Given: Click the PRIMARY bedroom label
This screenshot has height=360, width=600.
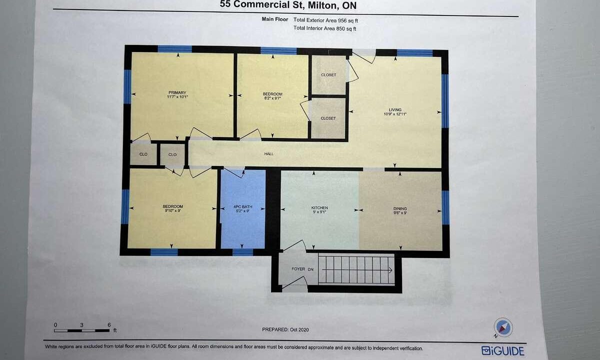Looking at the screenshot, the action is coord(177,92).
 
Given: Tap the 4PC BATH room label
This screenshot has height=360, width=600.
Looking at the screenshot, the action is coord(242,207).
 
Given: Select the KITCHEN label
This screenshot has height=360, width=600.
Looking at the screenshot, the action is coord(319,207).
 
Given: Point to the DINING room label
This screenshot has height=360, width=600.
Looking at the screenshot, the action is coord(400,208).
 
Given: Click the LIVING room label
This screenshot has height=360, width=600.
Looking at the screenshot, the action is coord(395,109).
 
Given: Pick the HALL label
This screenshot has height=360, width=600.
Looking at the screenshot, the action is coord(269,154).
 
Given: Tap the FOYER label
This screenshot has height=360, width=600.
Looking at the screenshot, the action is coord(298,269).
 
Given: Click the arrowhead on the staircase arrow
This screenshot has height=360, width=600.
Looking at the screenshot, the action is coord(390,270).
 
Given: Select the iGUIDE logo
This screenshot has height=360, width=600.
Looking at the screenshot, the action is coord(502,350).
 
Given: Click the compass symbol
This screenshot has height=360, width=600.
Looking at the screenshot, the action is coord(503,327).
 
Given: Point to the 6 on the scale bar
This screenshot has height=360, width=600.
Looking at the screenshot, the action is coord(109,325).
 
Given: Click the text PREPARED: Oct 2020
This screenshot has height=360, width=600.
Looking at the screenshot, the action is coord(285,329).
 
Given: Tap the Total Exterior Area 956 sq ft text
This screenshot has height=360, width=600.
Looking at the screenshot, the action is coord(325,20).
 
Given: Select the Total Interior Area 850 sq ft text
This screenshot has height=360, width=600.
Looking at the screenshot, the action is coord(325,28).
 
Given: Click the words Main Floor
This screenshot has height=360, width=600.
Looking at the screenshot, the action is coord(275,19).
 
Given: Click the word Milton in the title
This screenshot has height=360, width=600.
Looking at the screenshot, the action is coord(322,5).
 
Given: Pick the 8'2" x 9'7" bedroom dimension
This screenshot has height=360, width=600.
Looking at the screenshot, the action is coord(272,98).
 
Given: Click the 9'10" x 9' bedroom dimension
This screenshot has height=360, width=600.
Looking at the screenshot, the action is coord(173,210).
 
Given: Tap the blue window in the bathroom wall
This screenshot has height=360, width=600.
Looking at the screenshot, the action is coord(242,252).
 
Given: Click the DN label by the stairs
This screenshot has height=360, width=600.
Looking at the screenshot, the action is coord(310,269).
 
